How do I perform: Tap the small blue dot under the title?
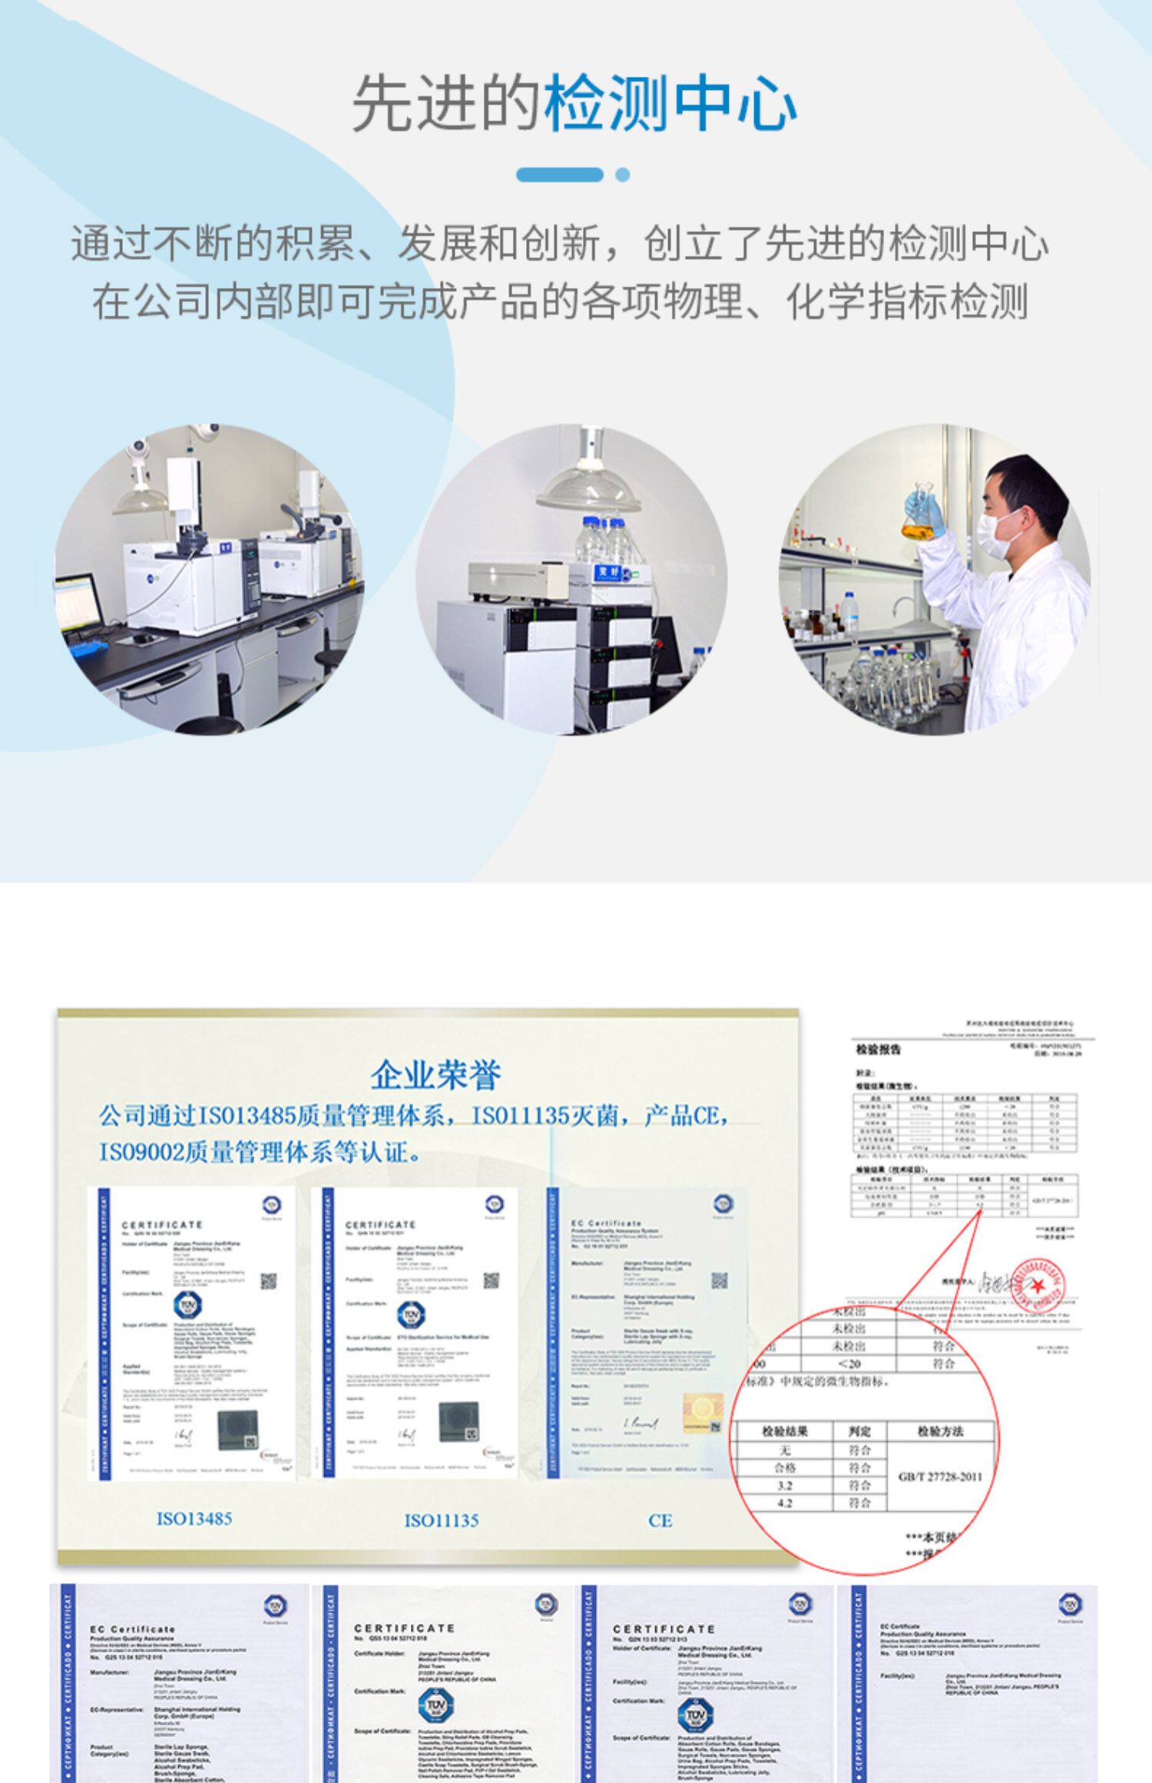pos(623,174)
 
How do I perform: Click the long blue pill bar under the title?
pos(559,174)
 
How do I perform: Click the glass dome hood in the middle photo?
pos(588,488)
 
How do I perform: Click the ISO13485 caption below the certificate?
pos(194,1518)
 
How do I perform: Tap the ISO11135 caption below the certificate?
pos(442,1520)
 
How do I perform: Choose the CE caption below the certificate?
pos(660,1520)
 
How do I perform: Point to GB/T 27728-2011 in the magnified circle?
pos(940,1476)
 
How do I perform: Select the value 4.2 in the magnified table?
pos(784,1503)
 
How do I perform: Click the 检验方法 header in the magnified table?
pos(940,1431)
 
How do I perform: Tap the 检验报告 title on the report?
pos(879,1050)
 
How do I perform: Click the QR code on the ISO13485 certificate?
pos(268,1281)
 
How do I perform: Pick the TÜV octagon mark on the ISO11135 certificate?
pos(411,1314)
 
